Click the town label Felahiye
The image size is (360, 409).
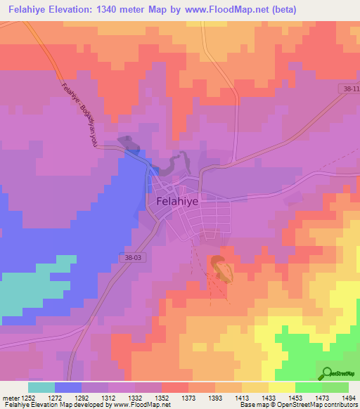point(173,200)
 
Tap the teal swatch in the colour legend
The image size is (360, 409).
point(41,387)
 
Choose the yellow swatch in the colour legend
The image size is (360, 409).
point(281,387)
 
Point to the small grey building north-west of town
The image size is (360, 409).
point(128,142)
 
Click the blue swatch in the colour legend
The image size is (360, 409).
point(67,387)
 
